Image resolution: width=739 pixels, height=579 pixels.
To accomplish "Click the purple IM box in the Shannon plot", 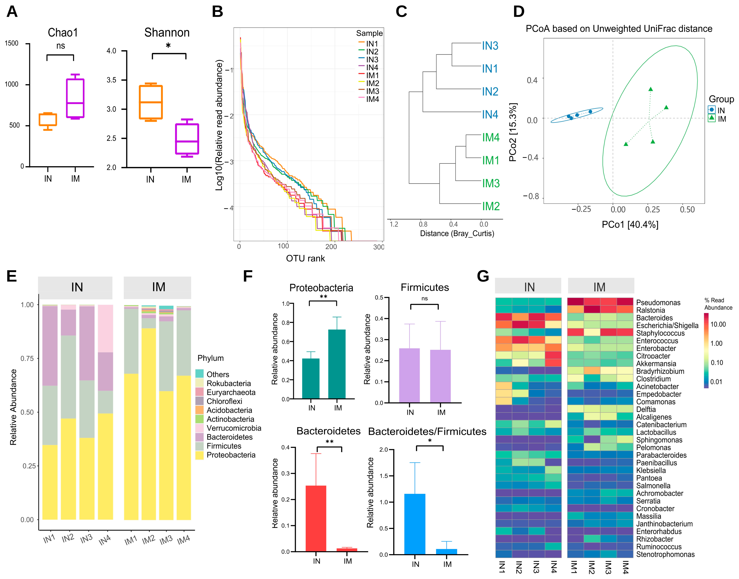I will point(187,139).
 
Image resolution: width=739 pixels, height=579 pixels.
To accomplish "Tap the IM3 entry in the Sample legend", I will point(372,91).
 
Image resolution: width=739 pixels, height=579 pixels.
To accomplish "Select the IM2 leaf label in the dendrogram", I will point(491,206).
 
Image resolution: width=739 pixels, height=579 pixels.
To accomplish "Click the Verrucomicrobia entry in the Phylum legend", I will point(234,428).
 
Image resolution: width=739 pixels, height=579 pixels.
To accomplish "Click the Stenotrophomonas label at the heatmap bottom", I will point(665,555).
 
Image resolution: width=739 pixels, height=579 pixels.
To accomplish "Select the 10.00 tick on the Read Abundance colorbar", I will point(718,324).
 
